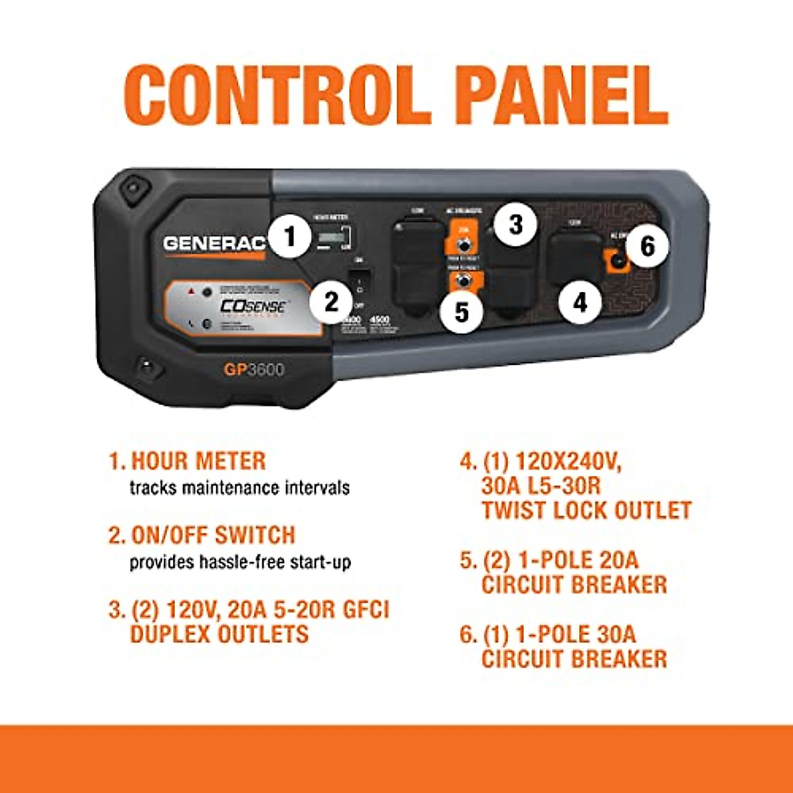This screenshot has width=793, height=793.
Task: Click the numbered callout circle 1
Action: [x=289, y=236]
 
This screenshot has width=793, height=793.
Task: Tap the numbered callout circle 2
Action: [x=331, y=303]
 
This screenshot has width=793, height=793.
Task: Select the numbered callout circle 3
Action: [x=515, y=225]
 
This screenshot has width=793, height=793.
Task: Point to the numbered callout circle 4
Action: [x=580, y=303]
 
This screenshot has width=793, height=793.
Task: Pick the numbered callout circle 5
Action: [x=462, y=311]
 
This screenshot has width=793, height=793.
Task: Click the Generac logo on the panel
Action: [x=213, y=243]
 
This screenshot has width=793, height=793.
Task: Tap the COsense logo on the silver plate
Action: [x=252, y=307]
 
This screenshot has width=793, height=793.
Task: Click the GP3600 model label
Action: [x=254, y=369]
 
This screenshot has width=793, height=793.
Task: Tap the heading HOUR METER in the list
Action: [x=198, y=461]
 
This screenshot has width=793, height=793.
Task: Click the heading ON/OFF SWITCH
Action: [x=213, y=535]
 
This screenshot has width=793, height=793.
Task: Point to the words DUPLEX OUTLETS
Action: [x=219, y=634]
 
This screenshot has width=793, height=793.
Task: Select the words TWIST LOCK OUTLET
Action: [x=586, y=510]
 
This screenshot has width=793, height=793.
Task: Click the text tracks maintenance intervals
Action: [x=239, y=488]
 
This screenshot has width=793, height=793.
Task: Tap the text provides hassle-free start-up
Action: [x=240, y=562]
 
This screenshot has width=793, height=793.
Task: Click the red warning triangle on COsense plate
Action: [x=191, y=291]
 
